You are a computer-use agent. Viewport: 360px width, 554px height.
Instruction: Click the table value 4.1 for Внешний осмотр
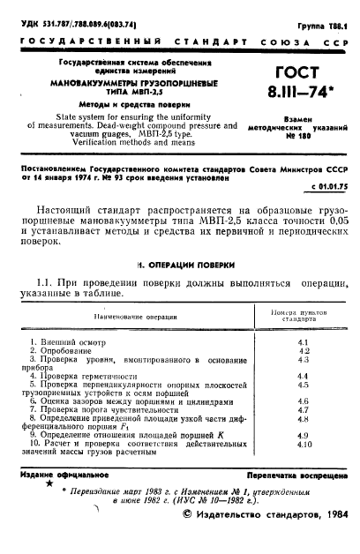point(303,341)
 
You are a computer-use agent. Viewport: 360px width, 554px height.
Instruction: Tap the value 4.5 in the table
point(303,385)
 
